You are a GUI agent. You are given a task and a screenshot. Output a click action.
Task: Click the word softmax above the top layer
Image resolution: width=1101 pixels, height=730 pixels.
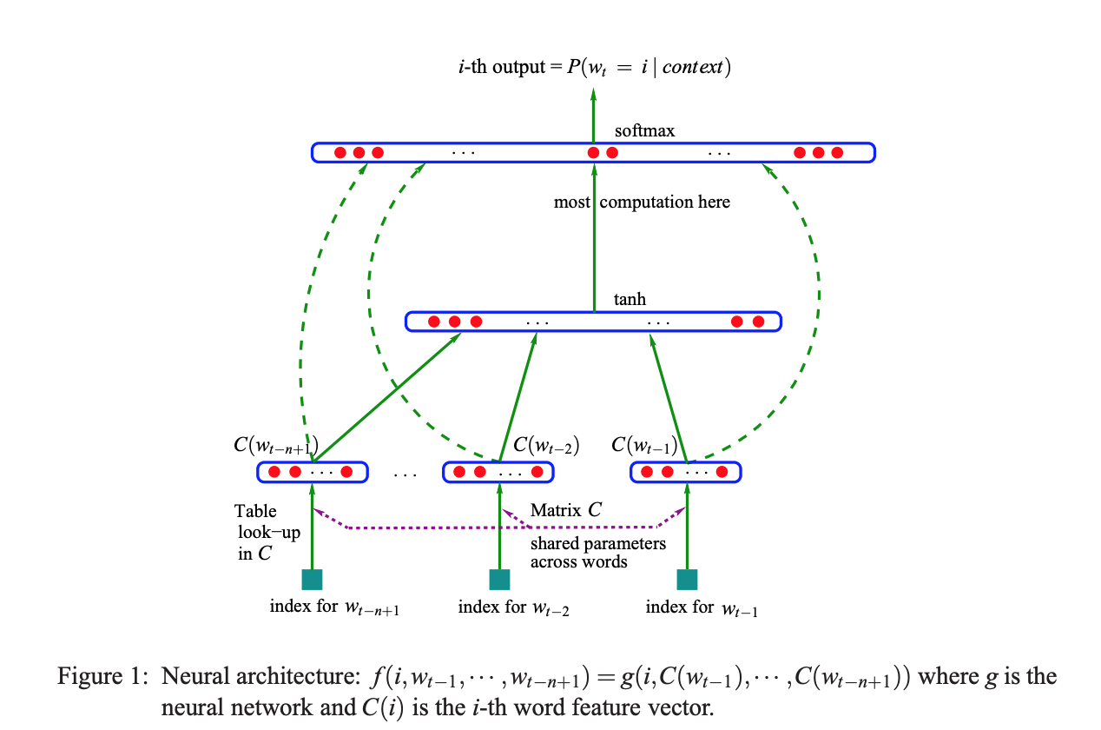coord(644,131)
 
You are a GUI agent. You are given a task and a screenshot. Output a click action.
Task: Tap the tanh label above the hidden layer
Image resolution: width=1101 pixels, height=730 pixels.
coord(630,300)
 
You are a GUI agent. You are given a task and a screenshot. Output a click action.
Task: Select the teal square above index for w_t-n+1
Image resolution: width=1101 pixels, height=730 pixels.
coord(312,580)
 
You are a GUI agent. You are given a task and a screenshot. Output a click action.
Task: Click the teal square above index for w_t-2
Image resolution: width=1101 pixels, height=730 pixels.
coord(499,580)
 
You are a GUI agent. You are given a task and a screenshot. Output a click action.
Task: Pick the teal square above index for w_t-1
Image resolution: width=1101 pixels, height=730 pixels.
coord(687,580)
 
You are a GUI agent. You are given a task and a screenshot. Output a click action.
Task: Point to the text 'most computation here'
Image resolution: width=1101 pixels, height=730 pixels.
coord(642,202)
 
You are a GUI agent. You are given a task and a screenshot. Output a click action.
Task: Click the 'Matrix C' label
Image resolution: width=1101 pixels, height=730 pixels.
coord(566,510)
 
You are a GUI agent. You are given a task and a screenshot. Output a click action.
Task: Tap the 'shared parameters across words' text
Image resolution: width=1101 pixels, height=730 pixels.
coord(597,553)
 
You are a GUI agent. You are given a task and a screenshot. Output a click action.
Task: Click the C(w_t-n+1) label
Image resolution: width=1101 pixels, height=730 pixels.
coord(274,447)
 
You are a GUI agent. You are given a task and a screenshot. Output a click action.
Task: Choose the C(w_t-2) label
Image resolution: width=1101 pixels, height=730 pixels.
coord(546,446)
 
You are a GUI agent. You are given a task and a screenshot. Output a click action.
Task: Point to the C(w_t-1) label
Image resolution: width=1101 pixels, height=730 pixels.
coord(644,446)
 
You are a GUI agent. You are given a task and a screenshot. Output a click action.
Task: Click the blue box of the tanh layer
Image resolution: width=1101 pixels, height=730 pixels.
coord(594,322)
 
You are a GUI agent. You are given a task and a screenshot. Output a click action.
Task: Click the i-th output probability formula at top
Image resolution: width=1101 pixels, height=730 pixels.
coord(594,67)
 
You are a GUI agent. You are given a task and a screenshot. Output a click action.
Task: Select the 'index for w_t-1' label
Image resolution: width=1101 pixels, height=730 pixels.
coord(702,607)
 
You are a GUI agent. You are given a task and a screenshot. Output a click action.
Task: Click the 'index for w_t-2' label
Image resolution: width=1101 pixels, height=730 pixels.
coord(513,607)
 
